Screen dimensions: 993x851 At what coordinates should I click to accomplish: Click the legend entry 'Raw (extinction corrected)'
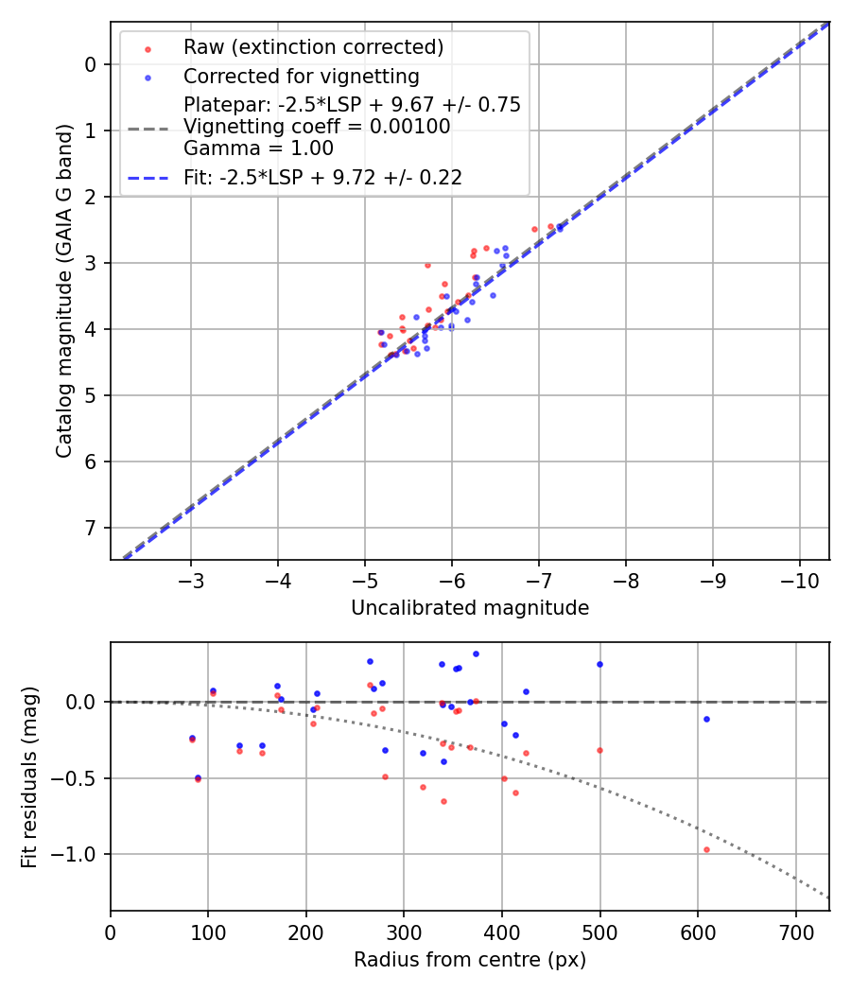point(313,47)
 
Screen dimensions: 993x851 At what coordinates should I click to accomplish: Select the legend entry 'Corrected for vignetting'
point(301,76)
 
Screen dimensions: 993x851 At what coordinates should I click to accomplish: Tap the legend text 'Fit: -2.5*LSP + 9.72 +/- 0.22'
point(322,177)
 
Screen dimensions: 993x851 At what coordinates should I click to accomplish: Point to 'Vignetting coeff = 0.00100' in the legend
point(317,127)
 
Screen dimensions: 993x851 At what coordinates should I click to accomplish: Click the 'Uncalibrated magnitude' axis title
point(470,608)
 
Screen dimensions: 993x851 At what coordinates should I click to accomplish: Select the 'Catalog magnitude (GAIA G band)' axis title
point(63,290)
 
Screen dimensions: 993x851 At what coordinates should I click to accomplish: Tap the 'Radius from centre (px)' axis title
point(470,960)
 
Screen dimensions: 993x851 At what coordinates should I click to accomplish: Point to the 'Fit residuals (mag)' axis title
point(30,776)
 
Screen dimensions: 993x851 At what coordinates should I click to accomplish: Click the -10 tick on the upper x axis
point(799,578)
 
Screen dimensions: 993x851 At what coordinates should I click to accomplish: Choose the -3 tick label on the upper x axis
point(191,578)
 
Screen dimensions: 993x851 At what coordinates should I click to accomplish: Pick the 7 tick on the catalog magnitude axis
point(91,528)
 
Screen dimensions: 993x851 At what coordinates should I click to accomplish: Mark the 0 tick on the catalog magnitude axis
point(91,64)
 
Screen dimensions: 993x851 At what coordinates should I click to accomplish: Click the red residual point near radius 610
point(706,849)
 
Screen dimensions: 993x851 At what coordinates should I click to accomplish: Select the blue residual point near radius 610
point(706,719)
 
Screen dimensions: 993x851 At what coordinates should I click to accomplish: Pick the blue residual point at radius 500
point(599,664)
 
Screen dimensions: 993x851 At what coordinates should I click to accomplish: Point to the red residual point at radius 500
point(599,750)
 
